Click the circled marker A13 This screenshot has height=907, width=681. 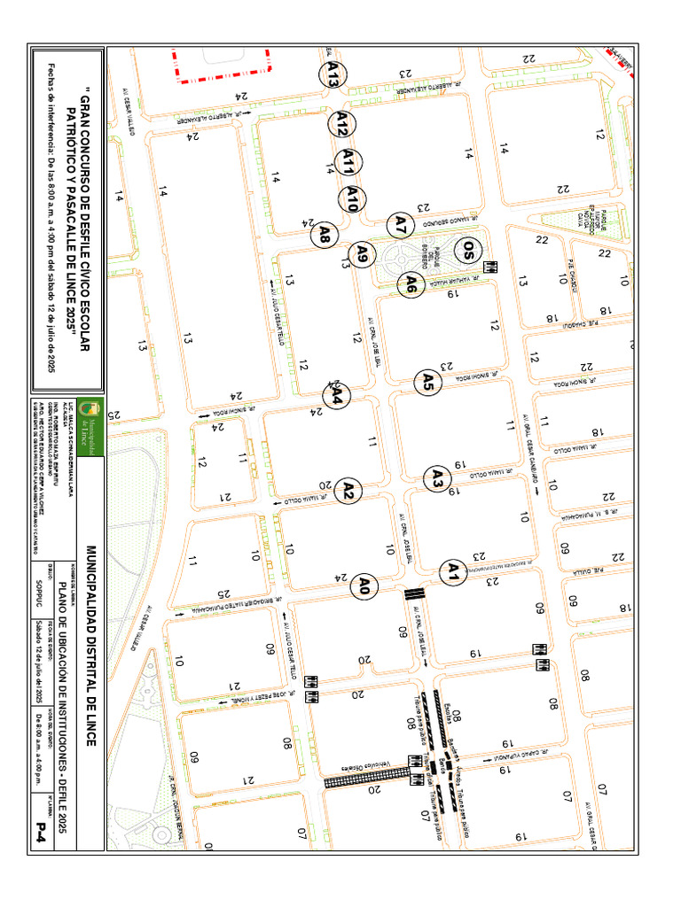pos(333,73)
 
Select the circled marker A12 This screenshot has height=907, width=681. pos(340,124)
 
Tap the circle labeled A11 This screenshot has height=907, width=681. pos(349,162)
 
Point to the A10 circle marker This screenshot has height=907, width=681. pos(353,199)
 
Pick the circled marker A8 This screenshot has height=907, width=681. pos(325,234)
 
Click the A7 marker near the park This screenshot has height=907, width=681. pos(401,225)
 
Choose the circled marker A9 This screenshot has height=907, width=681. pos(362,254)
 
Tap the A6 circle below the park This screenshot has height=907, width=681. pos(411,284)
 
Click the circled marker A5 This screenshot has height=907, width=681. pos(427,383)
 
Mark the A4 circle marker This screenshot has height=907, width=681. pos(338,399)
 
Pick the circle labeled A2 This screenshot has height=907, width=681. pos(348,491)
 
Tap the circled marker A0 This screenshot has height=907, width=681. pos(364,585)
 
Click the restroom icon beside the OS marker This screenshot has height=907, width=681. pos(489,266)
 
